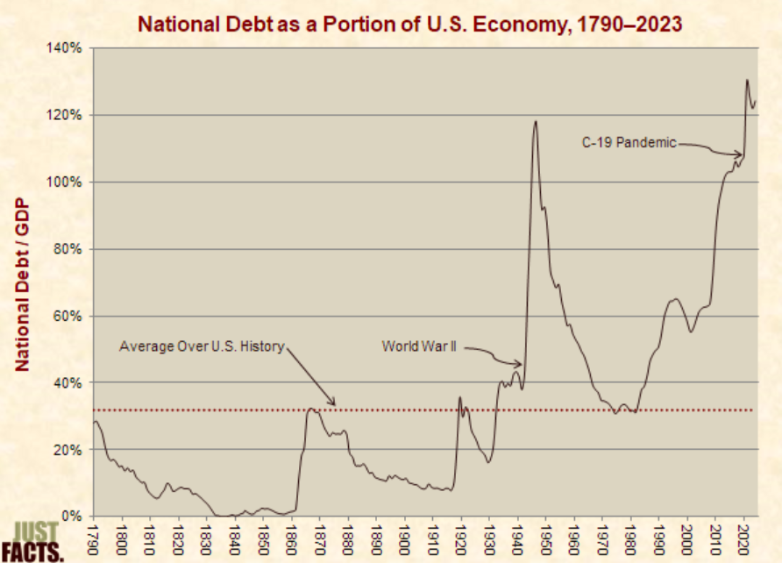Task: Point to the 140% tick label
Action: pos(64,48)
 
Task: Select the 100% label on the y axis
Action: pos(64,182)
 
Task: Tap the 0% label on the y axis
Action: pos(71,516)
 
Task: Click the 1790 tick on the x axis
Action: pos(95,537)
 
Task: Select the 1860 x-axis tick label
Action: pos(292,537)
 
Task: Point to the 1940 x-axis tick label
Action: pos(517,537)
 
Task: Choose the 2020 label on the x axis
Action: pos(743,537)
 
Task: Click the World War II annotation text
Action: pos(420,346)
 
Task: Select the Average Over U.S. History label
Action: pos(202,346)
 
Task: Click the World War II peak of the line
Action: pos(535,121)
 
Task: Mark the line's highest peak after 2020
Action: pos(747,81)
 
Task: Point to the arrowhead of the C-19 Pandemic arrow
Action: pos(742,156)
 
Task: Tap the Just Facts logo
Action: pos(38,541)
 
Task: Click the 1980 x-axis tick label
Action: pos(630,537)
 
